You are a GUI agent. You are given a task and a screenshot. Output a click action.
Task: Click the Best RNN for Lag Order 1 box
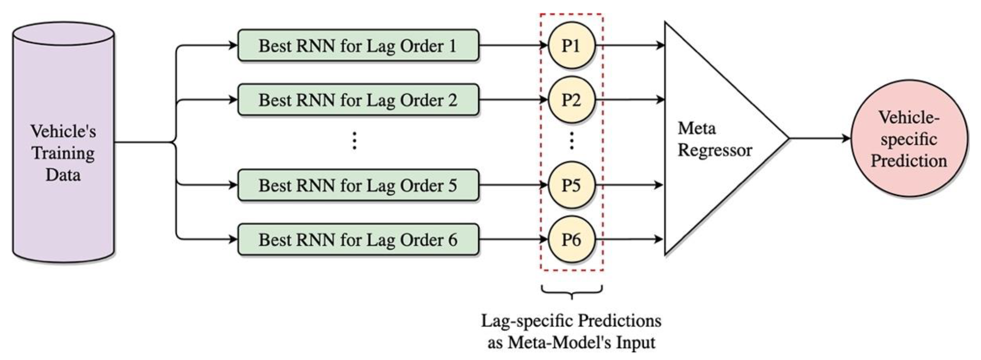(358, 46)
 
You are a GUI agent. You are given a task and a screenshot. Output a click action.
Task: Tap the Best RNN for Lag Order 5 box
(358, 186)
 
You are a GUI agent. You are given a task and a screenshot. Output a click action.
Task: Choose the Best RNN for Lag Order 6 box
(358, 240)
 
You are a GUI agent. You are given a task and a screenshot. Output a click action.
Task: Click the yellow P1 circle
(571, 46)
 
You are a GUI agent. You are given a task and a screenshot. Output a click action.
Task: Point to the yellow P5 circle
(571, 186)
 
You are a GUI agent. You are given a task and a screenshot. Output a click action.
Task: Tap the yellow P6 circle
(571, 240)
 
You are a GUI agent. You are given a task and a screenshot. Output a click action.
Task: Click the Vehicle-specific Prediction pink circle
(909, 139)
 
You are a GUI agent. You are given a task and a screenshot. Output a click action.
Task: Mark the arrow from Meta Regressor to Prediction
(819, 138)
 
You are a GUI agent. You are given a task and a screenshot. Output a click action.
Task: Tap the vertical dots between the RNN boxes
(354, 141)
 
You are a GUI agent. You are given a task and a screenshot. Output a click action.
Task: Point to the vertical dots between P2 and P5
(571, 141)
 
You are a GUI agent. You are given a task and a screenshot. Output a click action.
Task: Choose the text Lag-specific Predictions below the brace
(571, 321)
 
